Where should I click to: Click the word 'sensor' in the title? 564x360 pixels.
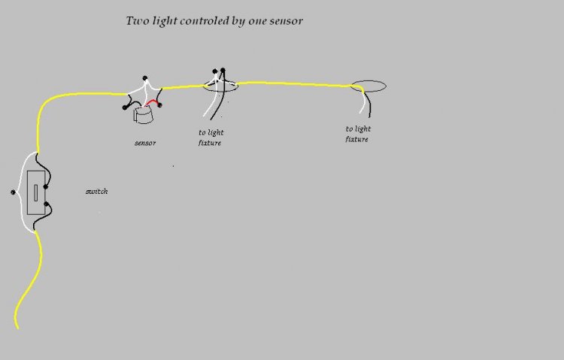click(286, 21)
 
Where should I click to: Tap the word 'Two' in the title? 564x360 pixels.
click(138, 20)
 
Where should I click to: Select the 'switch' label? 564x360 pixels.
click(97, 192)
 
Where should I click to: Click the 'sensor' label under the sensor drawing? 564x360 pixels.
click(145, 143)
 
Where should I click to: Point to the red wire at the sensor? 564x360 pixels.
click(152, 103)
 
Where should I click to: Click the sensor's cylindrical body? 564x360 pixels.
click(144, 116)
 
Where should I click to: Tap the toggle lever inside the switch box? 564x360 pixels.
click(35, 192)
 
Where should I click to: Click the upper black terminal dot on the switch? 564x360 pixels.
click(46, 186)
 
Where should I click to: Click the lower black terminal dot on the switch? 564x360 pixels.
click(46, 204)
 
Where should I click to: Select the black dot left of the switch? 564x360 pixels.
click(14, 192)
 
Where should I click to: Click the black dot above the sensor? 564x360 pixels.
click(145, 78)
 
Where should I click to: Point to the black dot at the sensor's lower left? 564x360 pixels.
click(125, 107)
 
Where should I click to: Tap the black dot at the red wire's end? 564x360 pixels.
click(159, 105)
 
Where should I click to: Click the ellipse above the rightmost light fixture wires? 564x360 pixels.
click(368, 80)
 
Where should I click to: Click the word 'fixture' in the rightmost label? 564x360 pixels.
click(356, 139)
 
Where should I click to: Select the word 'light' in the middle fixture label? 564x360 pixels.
click(216, 133)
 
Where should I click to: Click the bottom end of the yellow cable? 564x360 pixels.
click(17, 328)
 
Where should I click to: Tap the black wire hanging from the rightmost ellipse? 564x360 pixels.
click(368, 104)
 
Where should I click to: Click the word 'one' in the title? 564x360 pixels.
click(257, 21)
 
